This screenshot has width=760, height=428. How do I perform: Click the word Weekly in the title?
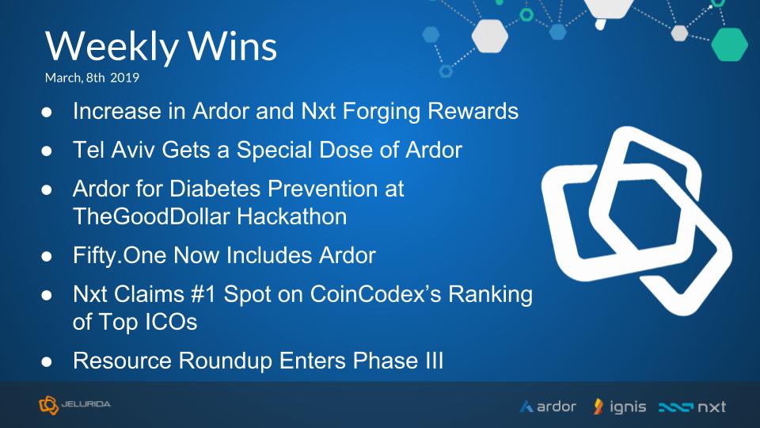[112, 47]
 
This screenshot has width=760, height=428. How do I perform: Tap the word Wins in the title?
[233, 46]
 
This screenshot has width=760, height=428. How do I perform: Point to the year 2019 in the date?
[124, 78]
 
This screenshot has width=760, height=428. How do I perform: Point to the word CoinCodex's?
[375, 294]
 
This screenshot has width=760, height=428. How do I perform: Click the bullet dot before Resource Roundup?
[47, 362]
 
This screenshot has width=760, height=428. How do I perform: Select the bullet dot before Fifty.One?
[47, 256]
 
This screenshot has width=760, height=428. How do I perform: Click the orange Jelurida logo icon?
[48, 405]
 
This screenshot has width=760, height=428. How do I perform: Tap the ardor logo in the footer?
[548, 406]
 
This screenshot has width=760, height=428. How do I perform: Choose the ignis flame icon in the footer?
[598, 407]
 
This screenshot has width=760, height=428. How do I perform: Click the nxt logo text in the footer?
[712, 407]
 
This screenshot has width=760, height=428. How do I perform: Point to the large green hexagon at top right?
[729, 44]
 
